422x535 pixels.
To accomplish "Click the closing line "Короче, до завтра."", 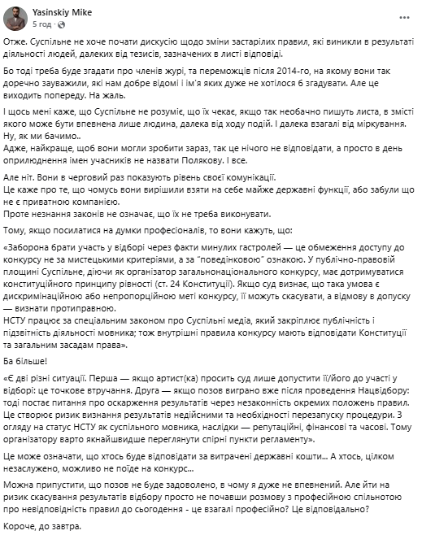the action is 49,525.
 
